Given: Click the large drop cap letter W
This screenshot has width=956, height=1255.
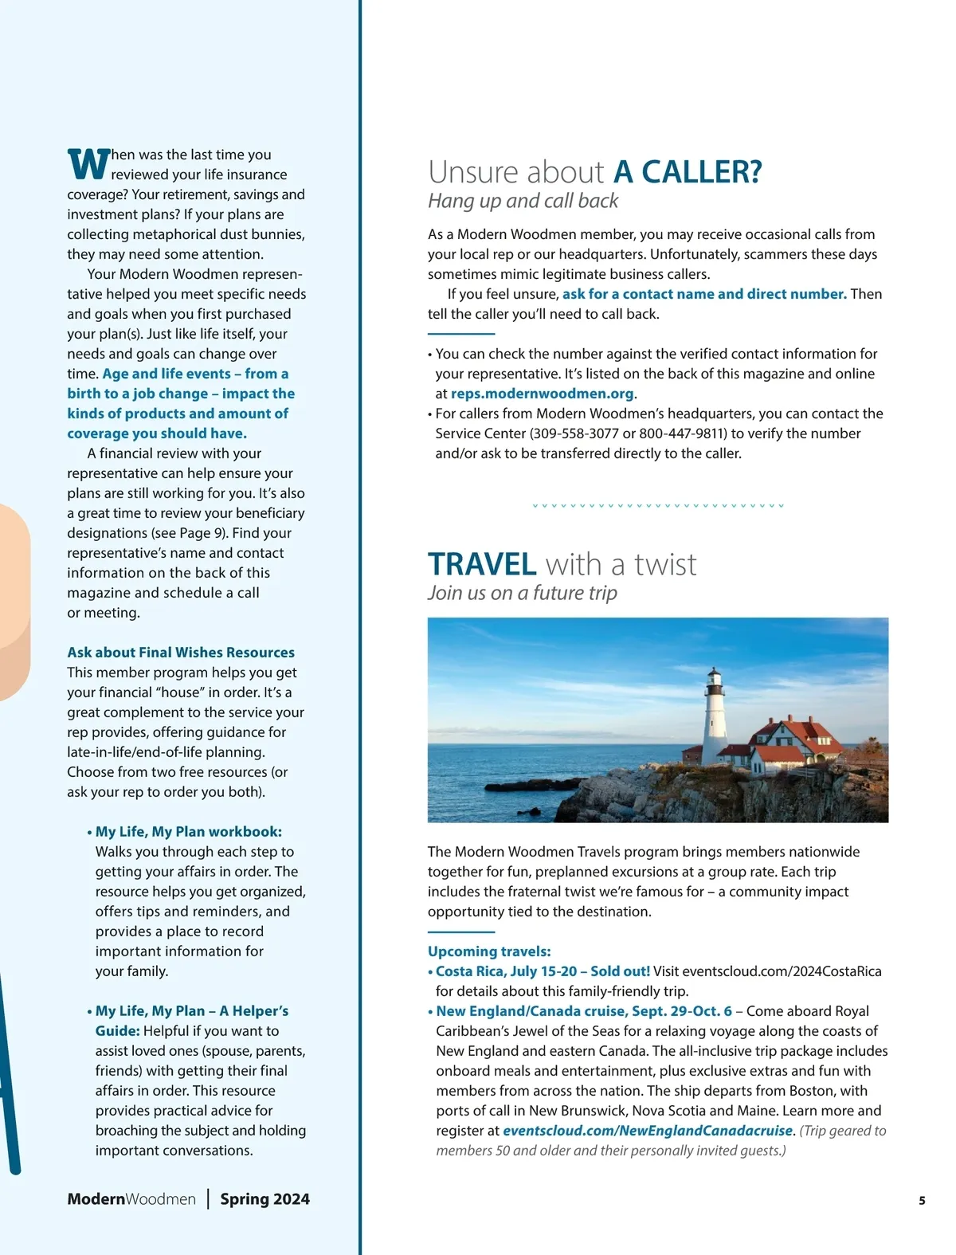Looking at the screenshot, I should tap(88, 164).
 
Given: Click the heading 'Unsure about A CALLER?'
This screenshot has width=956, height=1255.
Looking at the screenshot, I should tap(594, 172).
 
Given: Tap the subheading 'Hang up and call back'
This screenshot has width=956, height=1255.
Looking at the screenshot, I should tap(523, 201).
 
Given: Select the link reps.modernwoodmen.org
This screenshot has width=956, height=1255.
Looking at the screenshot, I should tap(542, 394).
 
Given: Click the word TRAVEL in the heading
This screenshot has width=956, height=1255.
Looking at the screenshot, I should tap(482, 564).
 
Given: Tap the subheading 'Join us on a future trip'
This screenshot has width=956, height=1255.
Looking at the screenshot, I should tap(522, 593).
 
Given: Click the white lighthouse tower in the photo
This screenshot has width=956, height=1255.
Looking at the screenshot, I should tap(715, 721).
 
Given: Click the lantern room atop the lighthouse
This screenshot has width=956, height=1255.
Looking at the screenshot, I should tap(715, 678).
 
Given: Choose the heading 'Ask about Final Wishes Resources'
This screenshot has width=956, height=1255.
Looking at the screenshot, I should tap(181, 653).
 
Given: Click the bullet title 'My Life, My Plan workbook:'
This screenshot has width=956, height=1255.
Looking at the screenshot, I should tap(189, 832).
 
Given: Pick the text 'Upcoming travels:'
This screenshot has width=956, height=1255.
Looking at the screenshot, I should tap(489, 951).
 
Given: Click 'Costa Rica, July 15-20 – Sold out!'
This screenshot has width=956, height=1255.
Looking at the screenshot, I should tap(543, 971).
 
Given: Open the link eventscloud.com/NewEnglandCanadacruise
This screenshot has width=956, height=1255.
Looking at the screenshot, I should tap(648, 1131).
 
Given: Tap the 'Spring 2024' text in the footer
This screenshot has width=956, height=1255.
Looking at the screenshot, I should tap(264, 1199).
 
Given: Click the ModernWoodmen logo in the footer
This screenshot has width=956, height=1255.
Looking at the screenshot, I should tap(131, 1199).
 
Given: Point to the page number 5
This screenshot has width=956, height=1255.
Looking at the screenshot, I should tap(922, 1201).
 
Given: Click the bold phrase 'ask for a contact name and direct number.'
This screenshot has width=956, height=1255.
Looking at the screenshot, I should tap(704, 294).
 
